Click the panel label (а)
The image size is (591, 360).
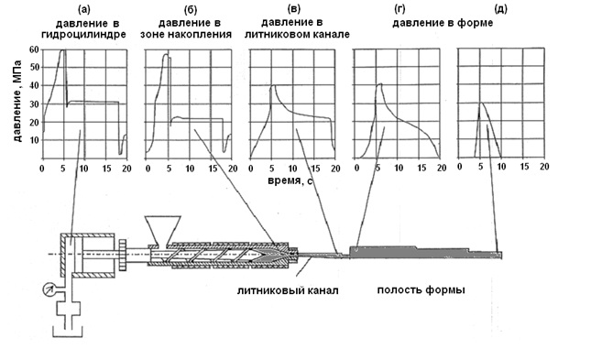(83, 9)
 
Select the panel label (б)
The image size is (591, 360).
(190, 9)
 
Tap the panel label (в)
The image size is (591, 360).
(294, 8)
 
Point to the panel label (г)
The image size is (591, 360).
(399, 8)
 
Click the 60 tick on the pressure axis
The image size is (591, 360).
(34, 49)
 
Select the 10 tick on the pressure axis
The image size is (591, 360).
(34, 140)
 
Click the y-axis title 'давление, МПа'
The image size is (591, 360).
(17, 101)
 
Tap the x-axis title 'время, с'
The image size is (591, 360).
(290, 180)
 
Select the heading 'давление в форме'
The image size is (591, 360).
(443, 23)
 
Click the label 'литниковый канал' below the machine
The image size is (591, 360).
(288, 290)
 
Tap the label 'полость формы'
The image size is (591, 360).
(421, 289)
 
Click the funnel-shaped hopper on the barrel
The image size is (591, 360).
(163, 230)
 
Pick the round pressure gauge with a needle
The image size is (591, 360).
(49, 289)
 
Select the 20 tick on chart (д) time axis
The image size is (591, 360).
(544, 166)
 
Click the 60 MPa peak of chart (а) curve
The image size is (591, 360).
(63, 49)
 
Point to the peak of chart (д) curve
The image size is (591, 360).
(480, 103)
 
